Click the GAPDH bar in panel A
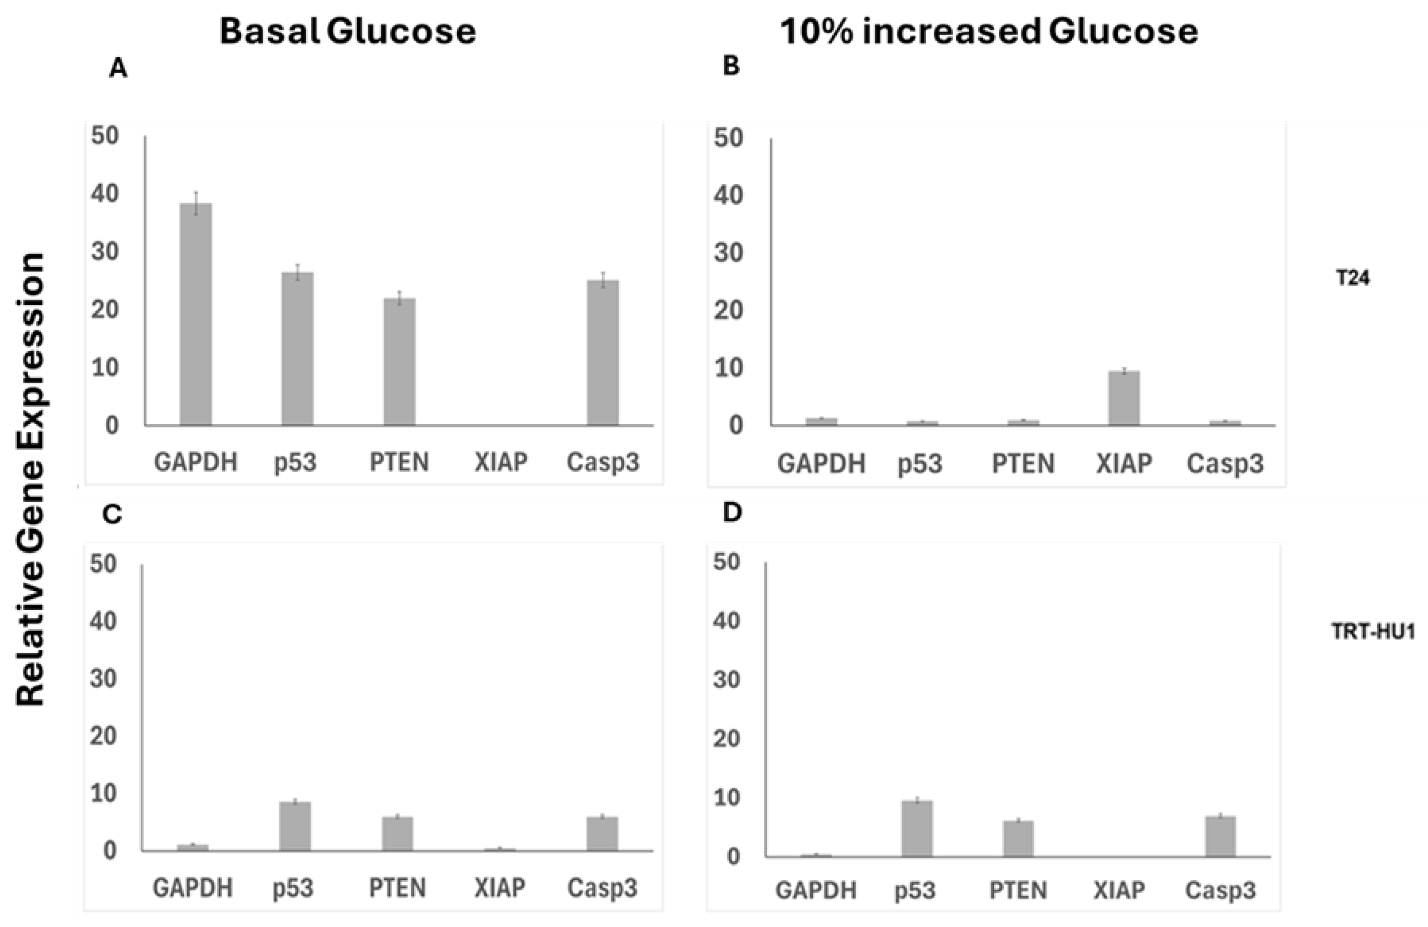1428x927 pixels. pyautogui.click(x=196, y=314)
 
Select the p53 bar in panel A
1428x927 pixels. pyautogui.click(x=298, y=349)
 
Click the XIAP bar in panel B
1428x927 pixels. pyautogui.click(x=1124, y=398)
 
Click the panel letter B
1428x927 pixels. pyautogui.click(x=731, y=67)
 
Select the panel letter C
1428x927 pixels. pyautogui.click(x=113, y=515)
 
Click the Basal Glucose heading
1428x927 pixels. pyautogui.click(x=348, y=31)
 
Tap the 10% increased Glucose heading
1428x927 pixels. pyautogui.click(x=989, y=31)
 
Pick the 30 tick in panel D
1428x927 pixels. pyautogui.click(x=728, y=680)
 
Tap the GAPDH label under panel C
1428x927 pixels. pyautogui.click(x=192, y=888)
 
